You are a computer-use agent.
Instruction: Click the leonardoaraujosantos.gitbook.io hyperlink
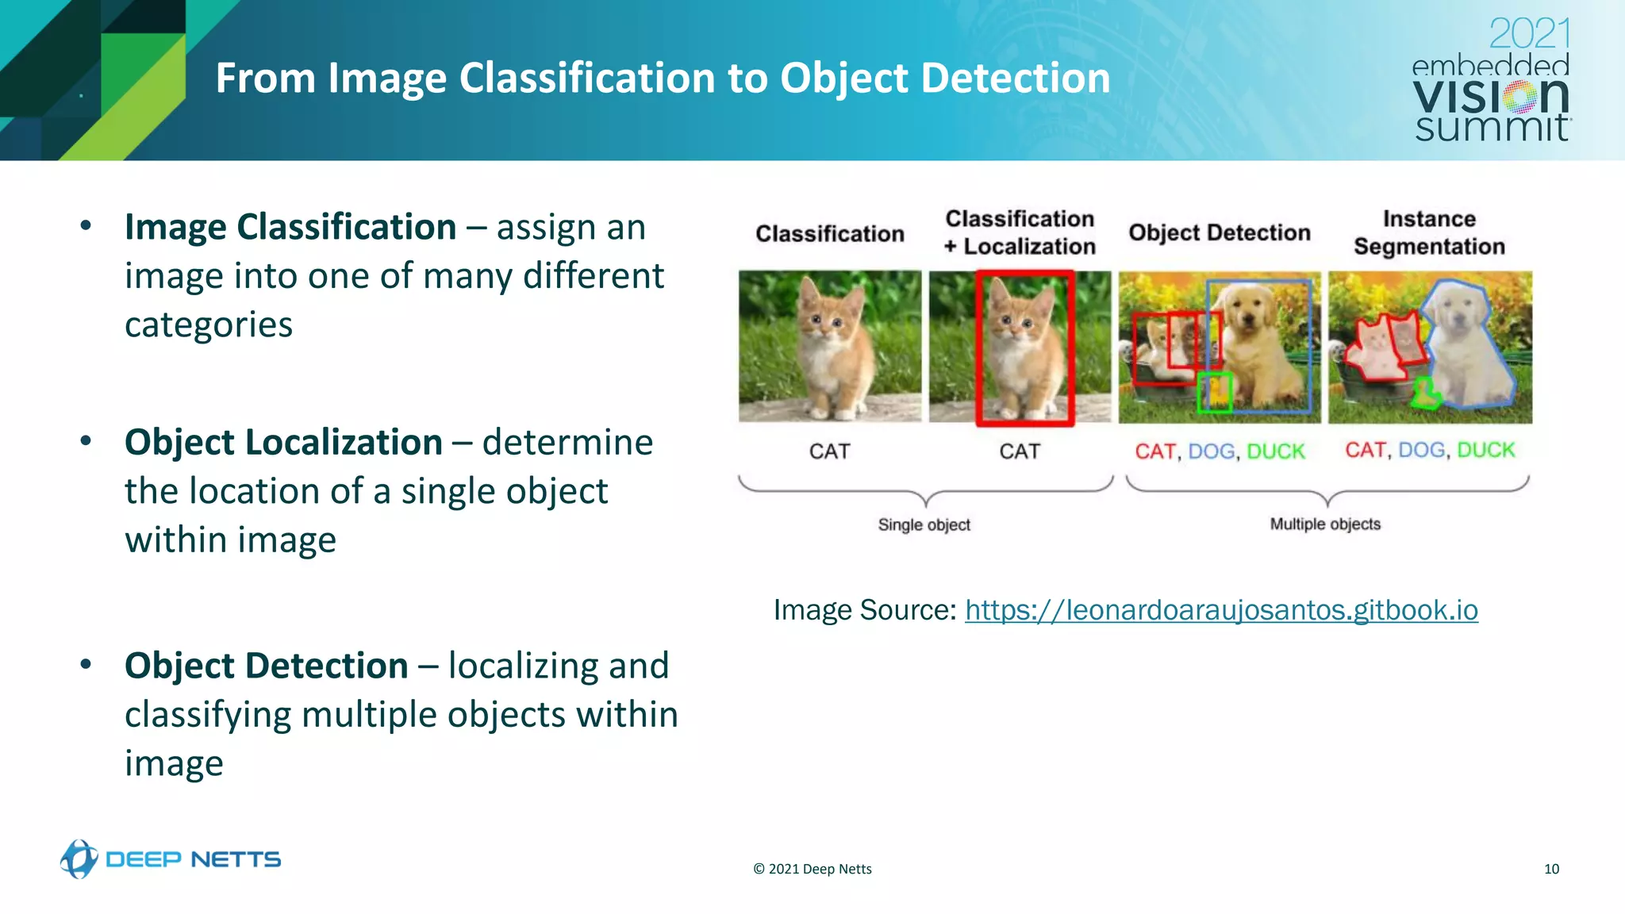pos(1220,610)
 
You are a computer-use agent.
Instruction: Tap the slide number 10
pos(1551,869)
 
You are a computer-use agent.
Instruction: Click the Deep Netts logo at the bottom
pos(171,859)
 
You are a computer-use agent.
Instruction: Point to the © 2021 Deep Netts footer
pos(812,869)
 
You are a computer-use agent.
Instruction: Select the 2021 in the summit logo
pos(1528,35)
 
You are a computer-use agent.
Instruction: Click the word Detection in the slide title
pos(1015,78)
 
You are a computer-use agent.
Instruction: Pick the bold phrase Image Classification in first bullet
pos(290,227)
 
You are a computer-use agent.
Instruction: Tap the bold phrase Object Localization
pos(283,442)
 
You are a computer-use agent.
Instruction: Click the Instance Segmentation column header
pos(1429,232)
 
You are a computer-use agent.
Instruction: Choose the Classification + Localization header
pos(1020,232)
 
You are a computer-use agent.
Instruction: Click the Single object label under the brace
pos(924,524)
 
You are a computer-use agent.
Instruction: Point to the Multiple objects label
pos(1324,524)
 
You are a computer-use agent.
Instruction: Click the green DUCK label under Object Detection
pos(1275,451)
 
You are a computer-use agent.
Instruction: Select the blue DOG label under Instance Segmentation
pos(1421,450)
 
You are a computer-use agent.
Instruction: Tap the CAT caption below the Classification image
pos(829,451)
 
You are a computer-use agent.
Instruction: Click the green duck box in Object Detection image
pos(1214,392)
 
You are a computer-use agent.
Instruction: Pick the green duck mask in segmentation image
pos(1427,393)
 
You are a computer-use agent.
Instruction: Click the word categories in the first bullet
pos(209,325)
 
